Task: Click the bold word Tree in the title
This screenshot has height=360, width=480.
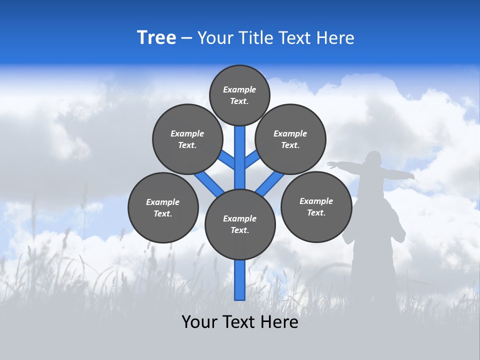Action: point(156,38)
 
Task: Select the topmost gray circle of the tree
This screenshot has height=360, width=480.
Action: point(239,95)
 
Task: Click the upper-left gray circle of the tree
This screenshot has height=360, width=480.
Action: point(187,139)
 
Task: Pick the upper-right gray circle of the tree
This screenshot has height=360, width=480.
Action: point(290,139)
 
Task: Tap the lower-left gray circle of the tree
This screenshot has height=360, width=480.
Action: point(163,207)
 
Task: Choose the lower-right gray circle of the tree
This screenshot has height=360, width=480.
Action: point(316,206)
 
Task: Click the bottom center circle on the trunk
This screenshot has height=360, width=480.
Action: point(240,224)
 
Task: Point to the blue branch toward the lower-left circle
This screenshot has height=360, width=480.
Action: point(209,182)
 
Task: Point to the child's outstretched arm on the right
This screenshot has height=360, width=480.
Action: point(400,174)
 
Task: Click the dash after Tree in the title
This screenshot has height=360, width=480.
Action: point(186,38)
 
